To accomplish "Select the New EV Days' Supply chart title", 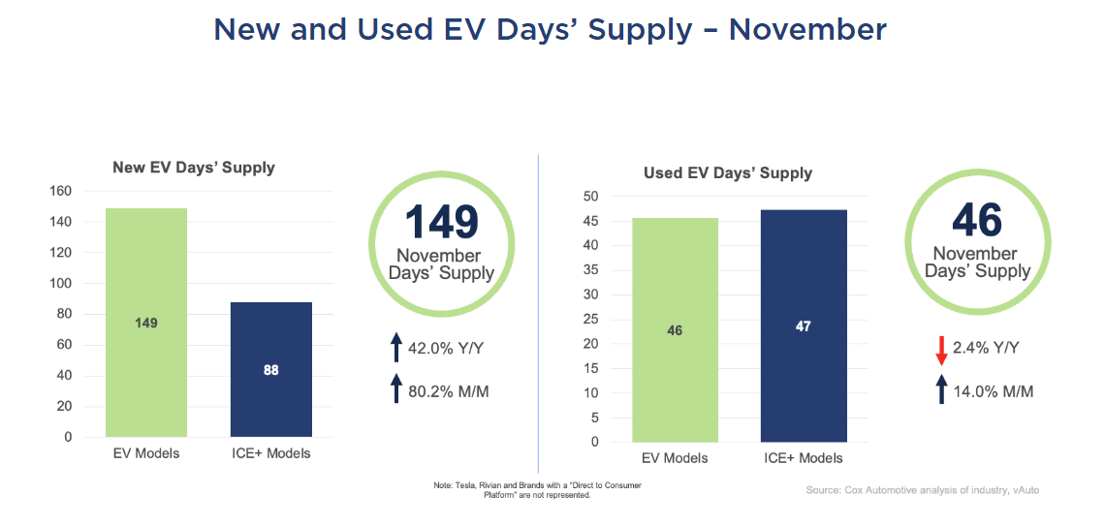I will (x=194, y=168).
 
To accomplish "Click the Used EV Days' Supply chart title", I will (x=728, y=173).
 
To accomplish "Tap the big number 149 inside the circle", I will (x=441, y=222).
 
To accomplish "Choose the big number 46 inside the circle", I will (x=976, y=220).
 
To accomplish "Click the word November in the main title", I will (x=806, y=29).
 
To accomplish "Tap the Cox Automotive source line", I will (x=922, y=490).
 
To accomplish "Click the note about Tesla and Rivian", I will (x=537, y=489).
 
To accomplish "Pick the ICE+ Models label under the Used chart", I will (x=803, y=458).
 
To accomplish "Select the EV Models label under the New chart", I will (x=145, y=453).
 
